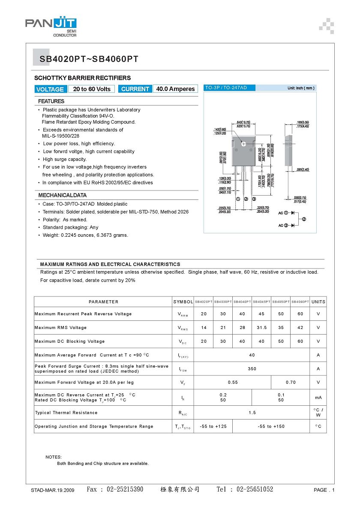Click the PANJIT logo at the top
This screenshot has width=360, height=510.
coord(51,25)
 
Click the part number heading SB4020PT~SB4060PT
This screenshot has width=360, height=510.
coord(89,60)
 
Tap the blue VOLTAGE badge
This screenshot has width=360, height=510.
coord(50,89)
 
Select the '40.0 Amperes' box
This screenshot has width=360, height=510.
coord(175,89)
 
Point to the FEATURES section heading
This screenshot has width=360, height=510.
coord(51,101)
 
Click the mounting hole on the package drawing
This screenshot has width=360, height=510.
coord(244,144)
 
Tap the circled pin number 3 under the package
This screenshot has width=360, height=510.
coord(254,199)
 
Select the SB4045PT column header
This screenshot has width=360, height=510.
coord(261,302)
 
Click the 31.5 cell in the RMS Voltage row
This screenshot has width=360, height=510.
coord(261,328)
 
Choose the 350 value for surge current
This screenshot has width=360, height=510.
coord(252,369)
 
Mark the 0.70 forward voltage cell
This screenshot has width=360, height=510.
coord(291,382)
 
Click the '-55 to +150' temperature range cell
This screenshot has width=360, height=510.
coord(271,426)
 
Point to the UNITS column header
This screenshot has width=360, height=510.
coord(318,302)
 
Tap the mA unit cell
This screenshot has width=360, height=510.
coord(318,398)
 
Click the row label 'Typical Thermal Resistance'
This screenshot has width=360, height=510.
coord(66,413)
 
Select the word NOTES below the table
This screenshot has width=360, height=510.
coord(54,457)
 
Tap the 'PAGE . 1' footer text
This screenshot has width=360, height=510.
coord(324,490)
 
